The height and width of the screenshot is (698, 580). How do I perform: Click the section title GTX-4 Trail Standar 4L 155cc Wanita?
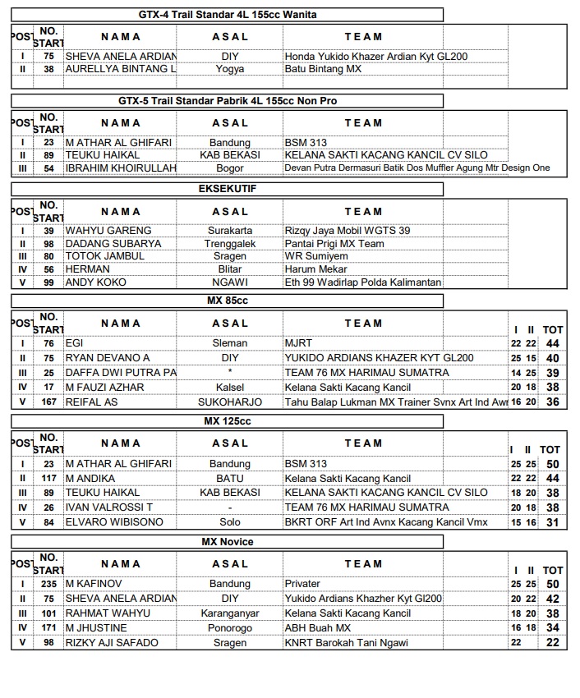[228, 15]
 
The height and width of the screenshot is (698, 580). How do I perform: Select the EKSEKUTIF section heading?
[228, 189]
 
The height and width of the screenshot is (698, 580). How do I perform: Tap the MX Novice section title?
[228, 542]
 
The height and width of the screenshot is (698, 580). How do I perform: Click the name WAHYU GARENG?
[97, 231]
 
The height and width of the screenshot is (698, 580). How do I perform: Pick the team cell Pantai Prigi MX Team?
[334, 244]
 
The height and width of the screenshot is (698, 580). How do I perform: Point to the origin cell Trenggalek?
[230, 244]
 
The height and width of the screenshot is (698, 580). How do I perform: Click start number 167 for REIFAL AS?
[49, 402]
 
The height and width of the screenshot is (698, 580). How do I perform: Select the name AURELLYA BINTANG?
[121, 69]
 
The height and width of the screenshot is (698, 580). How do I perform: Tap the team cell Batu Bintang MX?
[323, 69]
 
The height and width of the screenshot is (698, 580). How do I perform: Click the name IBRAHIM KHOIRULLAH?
[120, 168]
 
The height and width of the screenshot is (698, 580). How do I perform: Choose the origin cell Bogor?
[230, 168]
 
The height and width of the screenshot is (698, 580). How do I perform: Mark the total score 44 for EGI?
[552, 343]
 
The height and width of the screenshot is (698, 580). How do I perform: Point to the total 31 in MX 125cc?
[552, 522]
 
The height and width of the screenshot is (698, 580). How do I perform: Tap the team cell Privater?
[302, 584]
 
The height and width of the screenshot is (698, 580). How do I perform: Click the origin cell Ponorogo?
[230, 628]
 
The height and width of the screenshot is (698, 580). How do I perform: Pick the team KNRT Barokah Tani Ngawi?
[346, 643]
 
